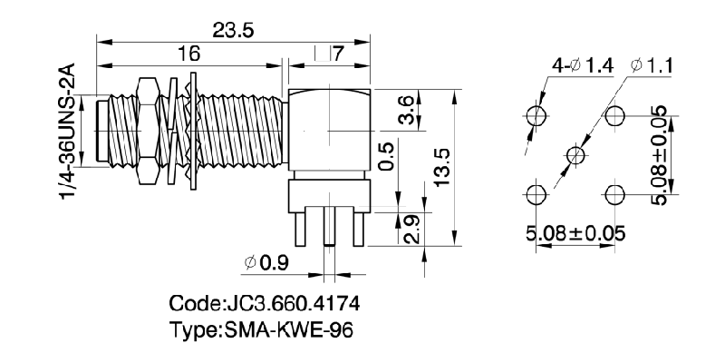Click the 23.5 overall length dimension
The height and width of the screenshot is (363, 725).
click(233, 30)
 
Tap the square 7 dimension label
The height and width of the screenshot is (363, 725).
click(328, 55)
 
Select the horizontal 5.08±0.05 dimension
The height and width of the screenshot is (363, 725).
click(575, 232)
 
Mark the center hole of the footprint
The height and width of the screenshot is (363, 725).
click(575, 155)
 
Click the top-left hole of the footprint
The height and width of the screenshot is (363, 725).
click(536, 115)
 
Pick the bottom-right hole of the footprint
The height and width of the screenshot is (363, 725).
click(614, 194)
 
